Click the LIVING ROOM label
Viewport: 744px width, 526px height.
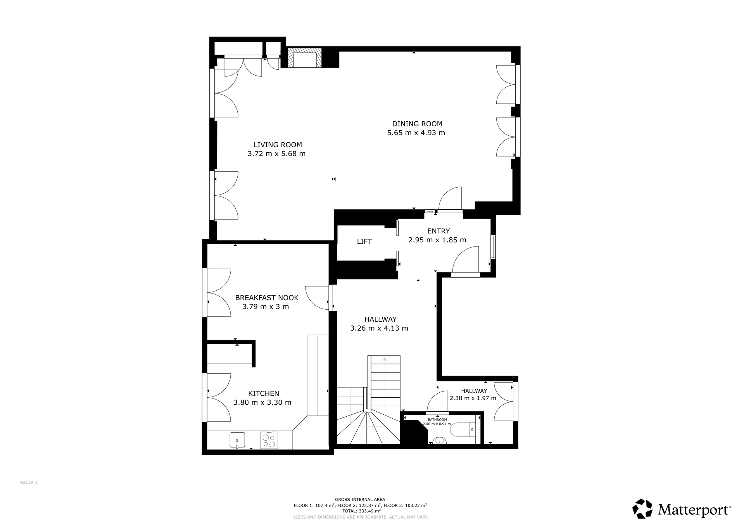tap(278, 145)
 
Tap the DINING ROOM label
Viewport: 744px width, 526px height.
tap(417, 124)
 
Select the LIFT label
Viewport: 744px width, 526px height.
tap(364, 241)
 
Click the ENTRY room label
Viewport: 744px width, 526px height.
tap(438, 231)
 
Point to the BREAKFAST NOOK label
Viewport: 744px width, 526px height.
tap(267, 298)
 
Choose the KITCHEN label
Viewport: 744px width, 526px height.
tap(264, 393)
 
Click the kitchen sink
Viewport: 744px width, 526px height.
tap(237, 440)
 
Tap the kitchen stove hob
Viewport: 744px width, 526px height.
tap(269, 440)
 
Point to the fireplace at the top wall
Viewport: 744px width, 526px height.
tap(305, 57)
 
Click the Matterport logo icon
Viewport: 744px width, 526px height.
tap(642, 509)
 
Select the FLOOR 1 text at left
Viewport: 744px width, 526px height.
tap(28, 483)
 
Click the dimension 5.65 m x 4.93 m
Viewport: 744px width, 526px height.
tap(416, 133)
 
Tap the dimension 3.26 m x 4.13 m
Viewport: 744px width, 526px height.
tap(379, 328)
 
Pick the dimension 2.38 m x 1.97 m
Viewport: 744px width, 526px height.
tap(473, 398)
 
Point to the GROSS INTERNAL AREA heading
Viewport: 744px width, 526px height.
tap(360, 500)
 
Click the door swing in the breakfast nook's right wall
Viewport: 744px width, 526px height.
tap(317, 298)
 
